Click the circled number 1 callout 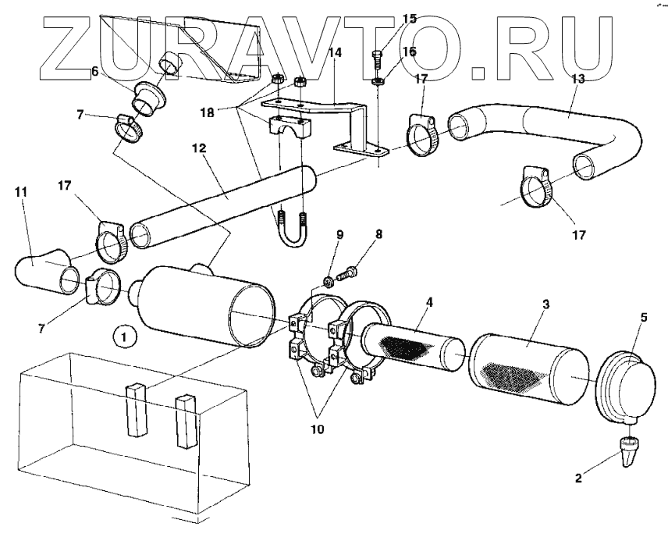tap(123, 336)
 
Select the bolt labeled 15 tap(377, 56)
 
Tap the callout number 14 tap(336, 54)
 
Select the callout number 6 tap(94, 71)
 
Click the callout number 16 tap(409, 52)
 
